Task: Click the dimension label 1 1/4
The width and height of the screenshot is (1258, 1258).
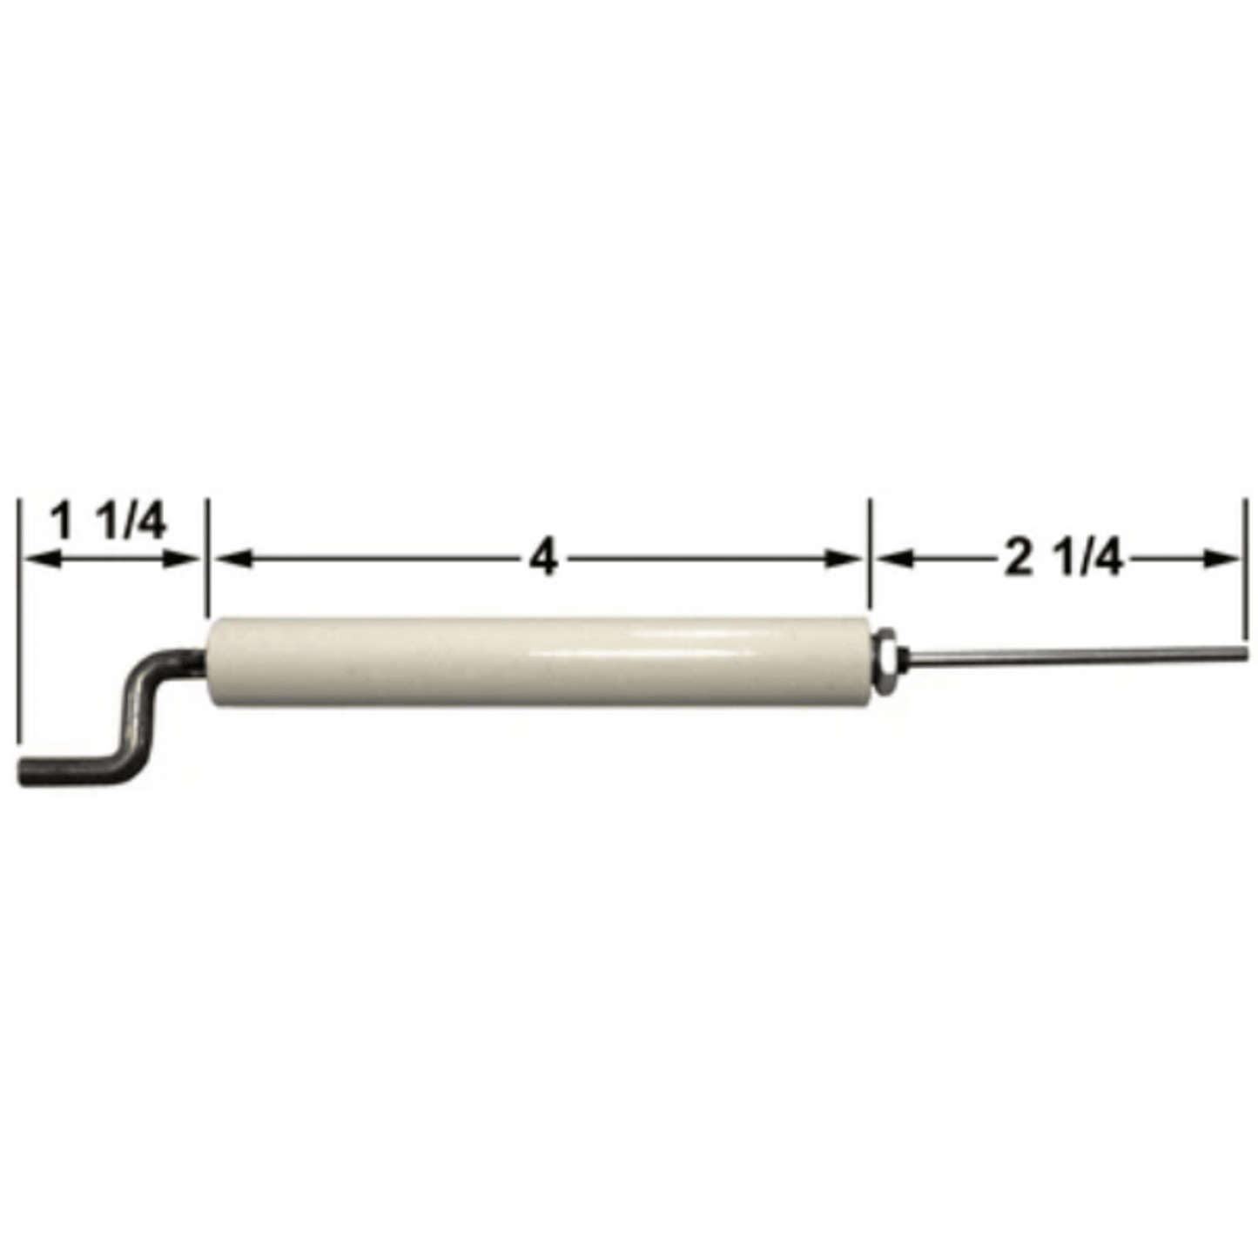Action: [x=107, y=522]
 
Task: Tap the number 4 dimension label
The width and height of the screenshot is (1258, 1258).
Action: [x=543, y=558]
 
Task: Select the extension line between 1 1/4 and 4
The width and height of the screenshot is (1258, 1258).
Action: [x=207, y=557]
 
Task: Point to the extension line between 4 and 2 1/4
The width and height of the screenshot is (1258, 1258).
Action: [x=870, y=557]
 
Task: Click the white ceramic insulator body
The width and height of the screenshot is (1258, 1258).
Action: [x=540, y=662]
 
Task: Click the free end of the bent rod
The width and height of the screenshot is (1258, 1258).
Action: [x=26, y=770]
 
